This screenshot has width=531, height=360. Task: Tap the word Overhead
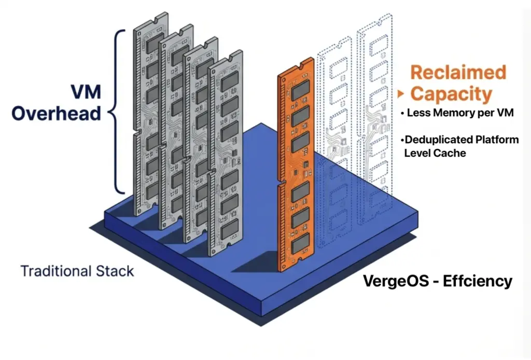pyautogui.click(x=56, y=113)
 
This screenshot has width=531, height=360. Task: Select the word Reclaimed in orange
pyautogui.click(x=458, y=72)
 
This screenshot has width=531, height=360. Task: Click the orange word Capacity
pyautogui.click(x=451, y=94)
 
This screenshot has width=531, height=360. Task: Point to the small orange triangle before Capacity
pyautogui.click(x=400, y=94)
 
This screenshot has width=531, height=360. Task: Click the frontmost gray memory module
pyautogui.click(x=226, y=156)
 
